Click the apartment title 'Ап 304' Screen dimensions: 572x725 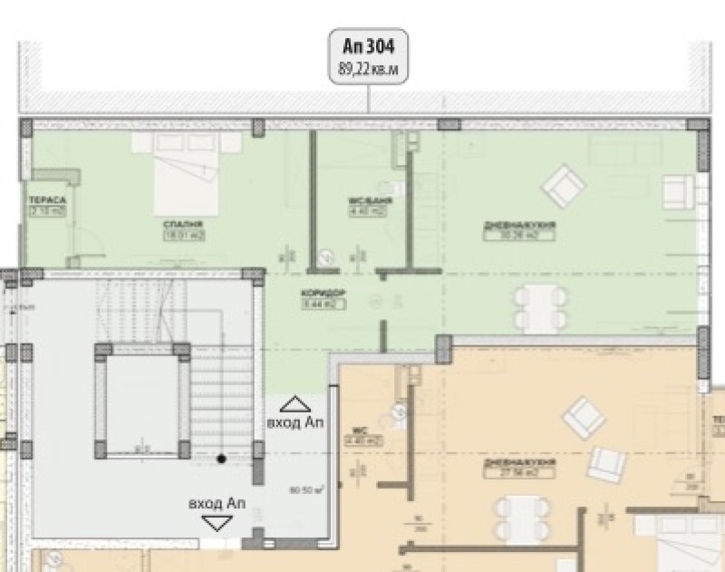(369, 46)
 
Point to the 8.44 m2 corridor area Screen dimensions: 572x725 (320, 305)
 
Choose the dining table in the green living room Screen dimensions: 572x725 (542, 307)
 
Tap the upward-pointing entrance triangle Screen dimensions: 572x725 (295, 404)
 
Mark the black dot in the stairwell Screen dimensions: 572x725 (221, 460)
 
